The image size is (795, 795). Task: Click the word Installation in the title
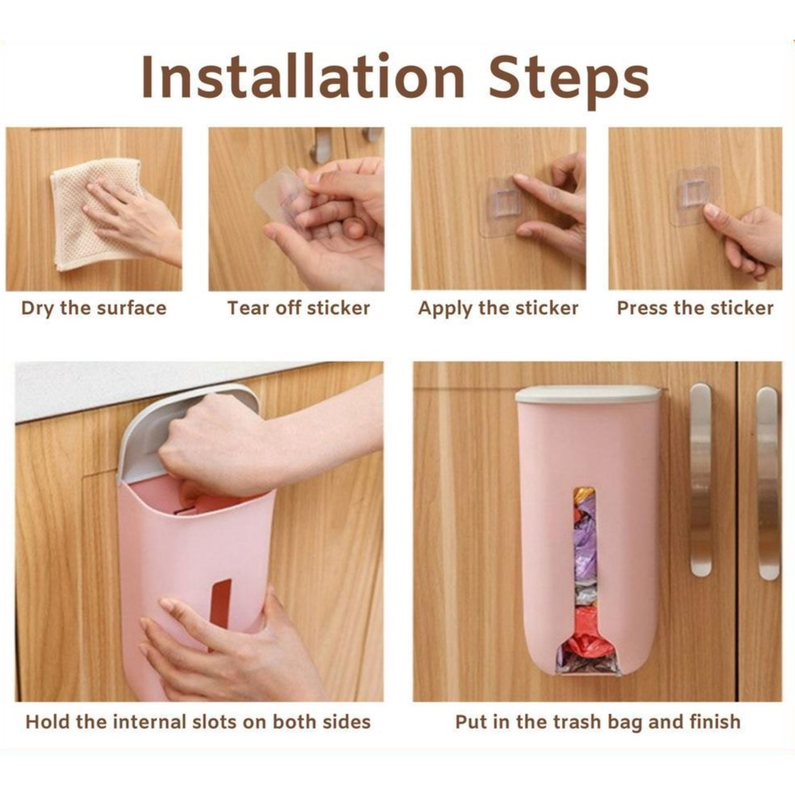click(x=303, y=76)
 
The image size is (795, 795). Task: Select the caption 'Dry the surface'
click(x=94, y=308)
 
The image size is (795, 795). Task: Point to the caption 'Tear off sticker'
click(x=299, y=307)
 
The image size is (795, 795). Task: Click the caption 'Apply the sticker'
click(x=498, y=308)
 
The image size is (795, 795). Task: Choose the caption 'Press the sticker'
click(x=695, y=307)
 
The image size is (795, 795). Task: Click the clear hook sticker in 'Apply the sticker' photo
click(x=500, y=206)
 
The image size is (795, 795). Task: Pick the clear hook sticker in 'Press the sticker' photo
click(x=695, y=196)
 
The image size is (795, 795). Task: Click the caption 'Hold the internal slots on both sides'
click(x=198, y=721)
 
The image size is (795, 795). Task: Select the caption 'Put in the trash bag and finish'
click(x=598, y=721)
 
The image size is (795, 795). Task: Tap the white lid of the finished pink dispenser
click(x=588, y=394)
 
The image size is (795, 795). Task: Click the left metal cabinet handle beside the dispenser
click(x=701, y=479)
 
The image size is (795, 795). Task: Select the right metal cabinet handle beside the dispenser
click(x=767, y=483)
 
